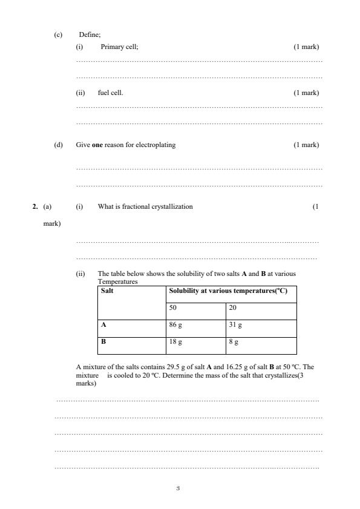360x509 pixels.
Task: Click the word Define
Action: [x=89, y=35]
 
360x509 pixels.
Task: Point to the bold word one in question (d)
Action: [x=96, y=145]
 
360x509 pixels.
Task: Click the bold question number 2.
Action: [x=34, y=206]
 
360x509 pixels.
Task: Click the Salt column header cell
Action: [x=107, y=291]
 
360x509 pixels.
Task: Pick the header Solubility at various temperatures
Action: [x=227, y=291]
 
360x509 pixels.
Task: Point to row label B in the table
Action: [x=103, y=341]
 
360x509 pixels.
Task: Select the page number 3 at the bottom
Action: [x=178, y=488]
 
